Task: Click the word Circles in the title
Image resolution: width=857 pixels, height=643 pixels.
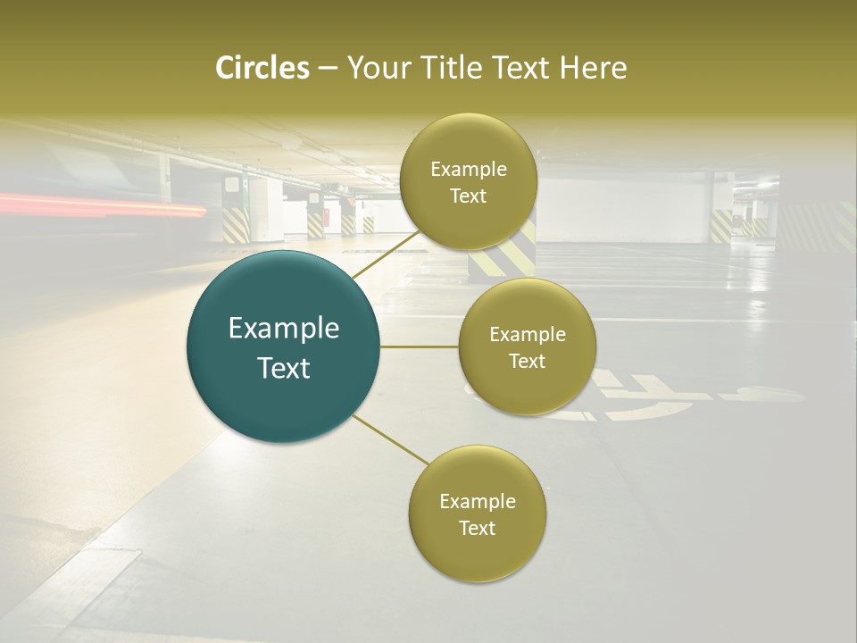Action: pos(262,68)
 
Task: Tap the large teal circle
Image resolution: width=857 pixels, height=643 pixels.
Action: pos(283,347)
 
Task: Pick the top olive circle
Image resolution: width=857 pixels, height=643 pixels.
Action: pos(468,181)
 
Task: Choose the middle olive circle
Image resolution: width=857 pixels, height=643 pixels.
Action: pos(527,347)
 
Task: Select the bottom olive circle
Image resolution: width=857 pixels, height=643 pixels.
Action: pos(477,514)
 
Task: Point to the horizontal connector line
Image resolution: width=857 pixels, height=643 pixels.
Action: pos(419,347)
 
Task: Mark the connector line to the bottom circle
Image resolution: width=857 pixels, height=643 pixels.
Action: pos(389,438)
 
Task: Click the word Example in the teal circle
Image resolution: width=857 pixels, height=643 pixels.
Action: pos(283,329)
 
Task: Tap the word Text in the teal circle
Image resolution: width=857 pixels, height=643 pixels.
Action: pos(283,368)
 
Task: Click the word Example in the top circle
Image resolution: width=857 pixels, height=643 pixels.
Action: pos(468,170)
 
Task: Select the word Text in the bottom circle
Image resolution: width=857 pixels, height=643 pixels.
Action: pos(477,528)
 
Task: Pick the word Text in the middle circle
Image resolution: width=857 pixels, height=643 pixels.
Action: pos(527,361)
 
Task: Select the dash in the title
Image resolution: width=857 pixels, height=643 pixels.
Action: pos(327,68)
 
